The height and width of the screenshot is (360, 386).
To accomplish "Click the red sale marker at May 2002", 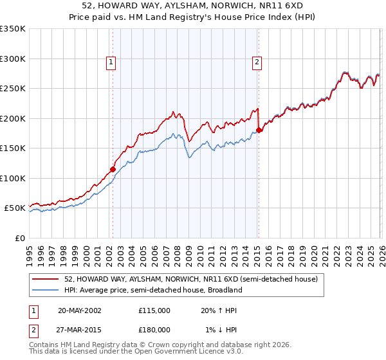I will (113, 169).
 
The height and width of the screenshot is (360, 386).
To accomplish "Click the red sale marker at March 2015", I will (259, 130).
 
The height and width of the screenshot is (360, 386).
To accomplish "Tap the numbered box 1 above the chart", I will (111, 62).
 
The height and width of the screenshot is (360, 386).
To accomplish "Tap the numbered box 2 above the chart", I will (257, 62).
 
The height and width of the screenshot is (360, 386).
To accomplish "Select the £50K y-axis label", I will (14, 208).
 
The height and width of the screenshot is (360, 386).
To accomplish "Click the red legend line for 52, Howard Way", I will (46, 280).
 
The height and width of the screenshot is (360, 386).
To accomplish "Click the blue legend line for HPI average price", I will (46, 290).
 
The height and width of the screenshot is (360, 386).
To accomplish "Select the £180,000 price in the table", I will (154, 329).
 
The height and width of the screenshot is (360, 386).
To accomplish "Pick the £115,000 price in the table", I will (154, 310).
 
